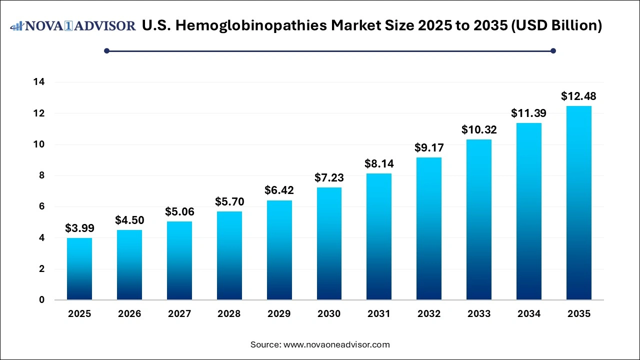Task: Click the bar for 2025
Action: [x=79, y=269]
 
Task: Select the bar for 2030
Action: [x=329, y=243]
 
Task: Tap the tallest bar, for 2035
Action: [x=578, y=202]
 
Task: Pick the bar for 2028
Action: [x=229, y=255]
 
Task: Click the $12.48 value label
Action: [x=578, y=96]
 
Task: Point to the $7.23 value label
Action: [x=329, y=177]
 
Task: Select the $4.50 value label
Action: [x=129, y=220]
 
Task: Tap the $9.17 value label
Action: [x=429, y=147]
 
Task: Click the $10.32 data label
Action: [x=478, y=129]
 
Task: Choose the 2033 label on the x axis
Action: [x=478, y=314]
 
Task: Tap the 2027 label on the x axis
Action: [x=179, y=314]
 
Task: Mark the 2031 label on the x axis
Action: [x=379, y=314]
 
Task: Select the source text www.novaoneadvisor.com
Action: [x=336, y=344]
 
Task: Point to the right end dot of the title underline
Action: [x=553, y=50]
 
